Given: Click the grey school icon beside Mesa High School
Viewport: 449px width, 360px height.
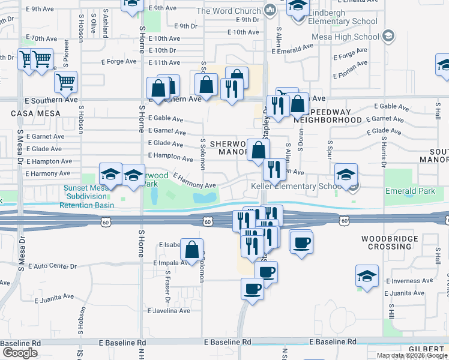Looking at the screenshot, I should pyautogui.click(x=388, y=37).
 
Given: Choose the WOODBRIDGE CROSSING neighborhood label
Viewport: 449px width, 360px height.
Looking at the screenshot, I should pyautogui.click(x=386, y=242).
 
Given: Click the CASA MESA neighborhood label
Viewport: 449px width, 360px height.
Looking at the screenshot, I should pyautogui.click(x=30, y=113).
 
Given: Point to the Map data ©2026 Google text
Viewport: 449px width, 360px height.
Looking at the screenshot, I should pyautogui.click(x=412, y=355).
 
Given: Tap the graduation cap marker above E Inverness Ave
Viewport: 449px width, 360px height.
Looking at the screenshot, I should pyautogui.click(x=367, y=276).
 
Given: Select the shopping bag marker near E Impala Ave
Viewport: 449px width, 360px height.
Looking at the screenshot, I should pyautogui.click(x=192, y=250).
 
